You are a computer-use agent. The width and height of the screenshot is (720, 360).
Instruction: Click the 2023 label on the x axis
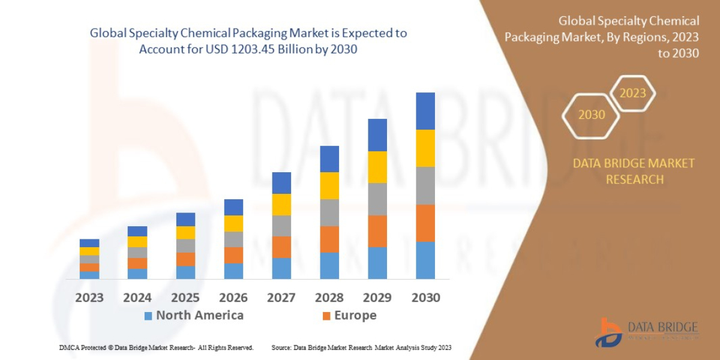coord(89,298)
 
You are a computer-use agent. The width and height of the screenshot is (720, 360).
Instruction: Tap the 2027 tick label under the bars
coord(281,298)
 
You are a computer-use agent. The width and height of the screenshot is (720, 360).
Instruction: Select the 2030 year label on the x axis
coord(425,298)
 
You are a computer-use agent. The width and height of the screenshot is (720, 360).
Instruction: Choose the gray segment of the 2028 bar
coord(329,212)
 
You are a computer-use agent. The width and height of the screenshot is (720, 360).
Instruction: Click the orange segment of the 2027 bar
coord(281,247)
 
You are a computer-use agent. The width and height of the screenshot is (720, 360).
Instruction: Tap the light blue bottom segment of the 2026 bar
coord(233,271)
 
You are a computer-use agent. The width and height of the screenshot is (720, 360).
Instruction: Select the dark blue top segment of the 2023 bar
coord(89,243)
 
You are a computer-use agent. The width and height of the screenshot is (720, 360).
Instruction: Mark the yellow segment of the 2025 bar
coord(185,232)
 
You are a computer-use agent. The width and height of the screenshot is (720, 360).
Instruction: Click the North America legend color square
coord(148,316)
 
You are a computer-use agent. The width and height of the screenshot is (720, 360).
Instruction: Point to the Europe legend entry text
coord(355,316)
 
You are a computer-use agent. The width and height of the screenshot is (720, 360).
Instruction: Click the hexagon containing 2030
coord(592,115)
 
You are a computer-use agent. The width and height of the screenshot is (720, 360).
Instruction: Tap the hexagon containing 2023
coord(632,93)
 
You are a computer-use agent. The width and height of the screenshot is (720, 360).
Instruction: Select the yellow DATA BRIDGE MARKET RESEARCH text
coord(634,171)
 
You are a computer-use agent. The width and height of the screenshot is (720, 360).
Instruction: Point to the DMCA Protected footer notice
coord(156,347)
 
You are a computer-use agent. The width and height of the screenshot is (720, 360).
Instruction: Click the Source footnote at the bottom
coord(361,347)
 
